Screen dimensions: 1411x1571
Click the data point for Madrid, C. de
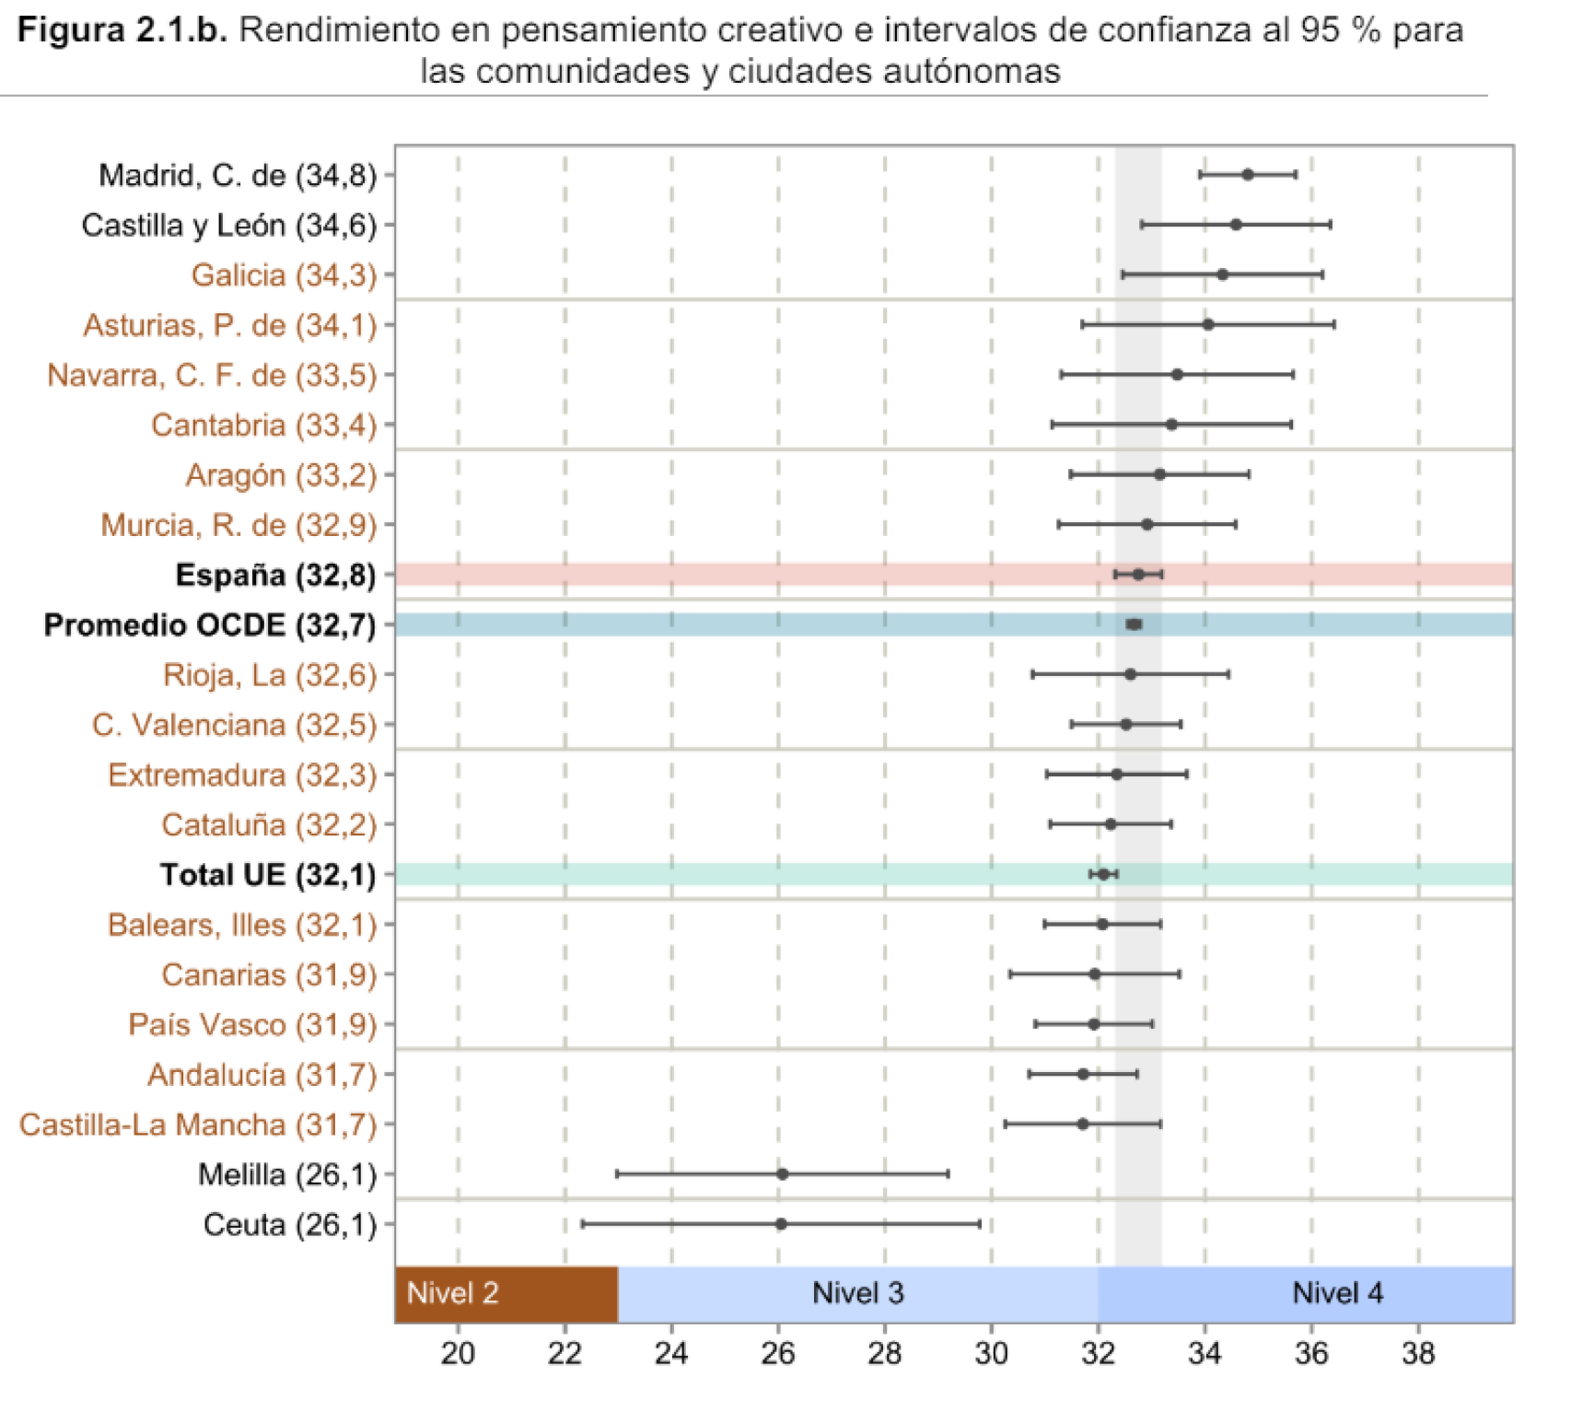click(1247, 175)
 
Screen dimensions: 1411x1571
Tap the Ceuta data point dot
click(781, 1224)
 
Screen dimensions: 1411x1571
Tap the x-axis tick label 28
click(884, 1353)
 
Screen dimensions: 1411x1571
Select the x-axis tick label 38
click(1418, 1353)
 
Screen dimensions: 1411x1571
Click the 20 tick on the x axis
click(458, 1353)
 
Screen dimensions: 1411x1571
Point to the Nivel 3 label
click(857, 1294)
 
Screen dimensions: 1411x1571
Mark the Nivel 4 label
click(1337, 1294)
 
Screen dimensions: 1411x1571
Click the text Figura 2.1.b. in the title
click(122, 30)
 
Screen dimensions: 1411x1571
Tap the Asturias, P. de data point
click(1208, 324)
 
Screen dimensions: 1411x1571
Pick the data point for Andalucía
click(1083, 1074)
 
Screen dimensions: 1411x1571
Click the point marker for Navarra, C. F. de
click(1177, 375)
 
